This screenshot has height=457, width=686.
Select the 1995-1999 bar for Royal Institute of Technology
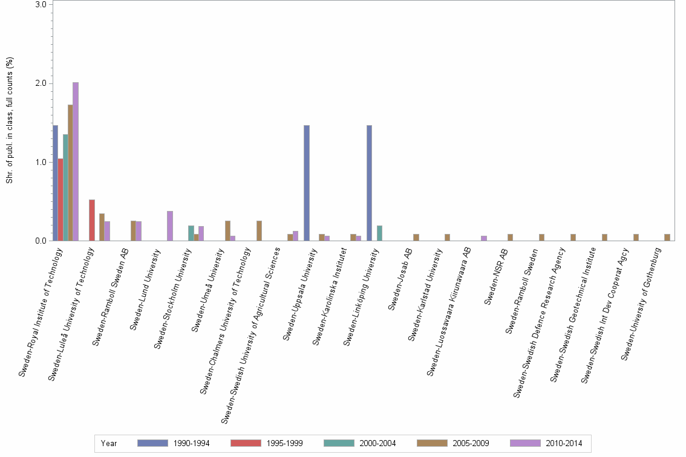coord(60,199)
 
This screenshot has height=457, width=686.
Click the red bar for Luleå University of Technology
coord(92,220)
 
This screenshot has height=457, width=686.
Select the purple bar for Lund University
coord(170,226)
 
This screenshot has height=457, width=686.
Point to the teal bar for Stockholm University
coord(191,233)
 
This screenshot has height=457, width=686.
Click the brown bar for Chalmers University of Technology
coord(259,231)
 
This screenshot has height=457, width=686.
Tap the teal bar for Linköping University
coord(379,233)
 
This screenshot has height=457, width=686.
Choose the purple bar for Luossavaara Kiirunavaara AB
coord(484,238)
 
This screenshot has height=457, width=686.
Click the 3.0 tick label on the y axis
coord(41,5)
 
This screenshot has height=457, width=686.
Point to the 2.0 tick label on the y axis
coord(41,83)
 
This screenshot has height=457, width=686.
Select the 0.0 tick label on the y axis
coord(41,241)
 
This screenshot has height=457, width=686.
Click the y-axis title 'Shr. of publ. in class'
coord(10,120)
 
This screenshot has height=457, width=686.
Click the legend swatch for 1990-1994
coord(152,443)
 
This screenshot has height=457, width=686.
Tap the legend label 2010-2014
coord(564,444)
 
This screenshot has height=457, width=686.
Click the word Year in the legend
coord(109,444)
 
